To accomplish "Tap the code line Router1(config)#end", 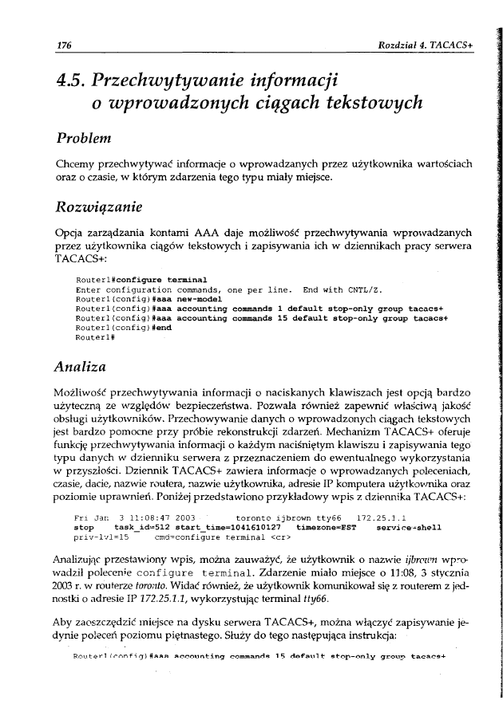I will coord(122,327).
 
